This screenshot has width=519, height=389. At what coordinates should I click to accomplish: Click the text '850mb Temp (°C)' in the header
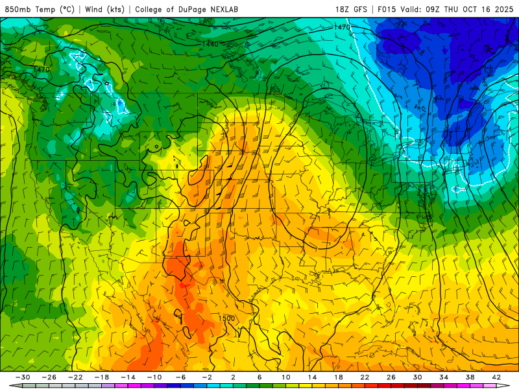40,10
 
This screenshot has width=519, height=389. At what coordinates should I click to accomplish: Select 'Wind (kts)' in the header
104,10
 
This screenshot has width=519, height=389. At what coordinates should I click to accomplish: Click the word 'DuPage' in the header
194,10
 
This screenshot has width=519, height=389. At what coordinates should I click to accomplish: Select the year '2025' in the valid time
503,10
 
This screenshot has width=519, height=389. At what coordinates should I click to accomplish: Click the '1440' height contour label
210,43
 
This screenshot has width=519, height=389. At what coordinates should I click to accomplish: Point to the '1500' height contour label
226,318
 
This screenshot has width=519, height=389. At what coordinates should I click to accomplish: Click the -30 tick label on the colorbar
23,377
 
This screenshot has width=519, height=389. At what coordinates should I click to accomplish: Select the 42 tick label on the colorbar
496,377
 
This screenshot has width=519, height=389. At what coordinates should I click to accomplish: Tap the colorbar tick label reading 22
365,377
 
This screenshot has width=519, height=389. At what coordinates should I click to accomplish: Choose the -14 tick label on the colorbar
128,377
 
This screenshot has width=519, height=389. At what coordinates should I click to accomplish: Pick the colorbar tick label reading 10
285,377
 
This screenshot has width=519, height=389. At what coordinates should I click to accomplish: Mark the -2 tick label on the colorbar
207,377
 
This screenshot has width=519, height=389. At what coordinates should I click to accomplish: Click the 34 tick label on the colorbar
444,377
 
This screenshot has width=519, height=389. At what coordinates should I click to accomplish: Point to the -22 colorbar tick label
75,377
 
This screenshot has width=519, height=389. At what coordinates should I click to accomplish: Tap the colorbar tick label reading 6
259,377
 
